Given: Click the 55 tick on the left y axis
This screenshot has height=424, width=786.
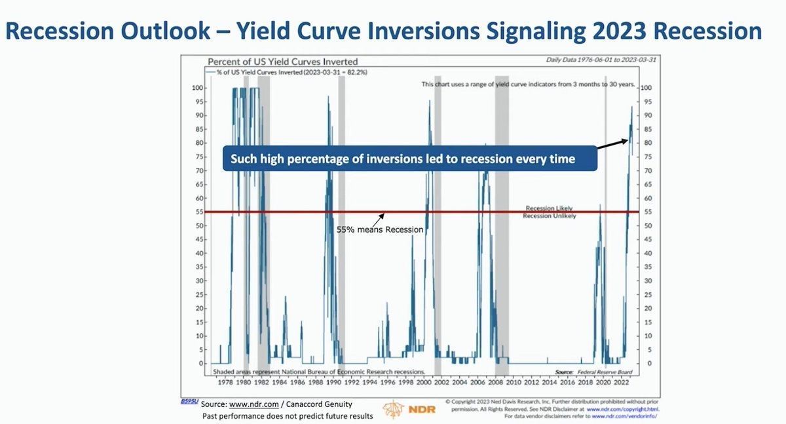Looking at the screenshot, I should point(197,212).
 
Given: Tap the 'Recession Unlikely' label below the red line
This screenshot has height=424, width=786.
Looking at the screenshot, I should point(550,216).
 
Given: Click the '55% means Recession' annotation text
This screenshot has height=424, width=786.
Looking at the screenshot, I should point(380,230).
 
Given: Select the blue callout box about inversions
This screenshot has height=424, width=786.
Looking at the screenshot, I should point(409,159).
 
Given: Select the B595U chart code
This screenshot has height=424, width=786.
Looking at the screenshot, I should point(190,400).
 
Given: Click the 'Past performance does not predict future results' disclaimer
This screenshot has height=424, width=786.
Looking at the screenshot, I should point(288,416).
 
